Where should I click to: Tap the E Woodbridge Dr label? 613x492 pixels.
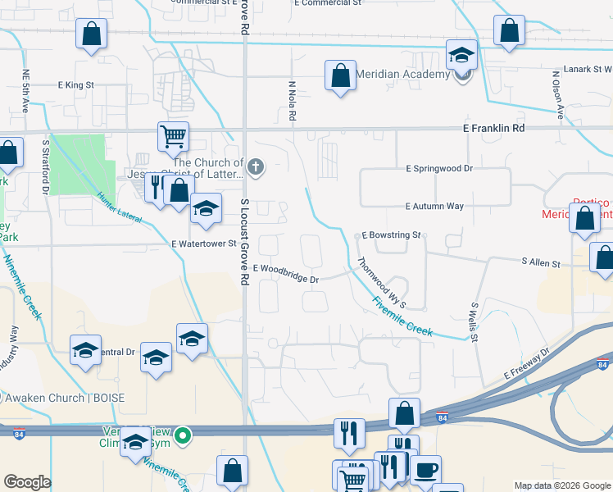[286, 273]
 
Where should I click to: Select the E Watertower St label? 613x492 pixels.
[204, 244]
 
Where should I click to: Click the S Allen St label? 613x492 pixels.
[540, 263]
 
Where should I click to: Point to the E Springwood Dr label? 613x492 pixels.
[440, 168]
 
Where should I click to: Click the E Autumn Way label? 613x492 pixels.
[434, 207]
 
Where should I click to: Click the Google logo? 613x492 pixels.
[27, 482]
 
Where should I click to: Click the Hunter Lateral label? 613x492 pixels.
[120, 208]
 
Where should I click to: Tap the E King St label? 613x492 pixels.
[76, 84]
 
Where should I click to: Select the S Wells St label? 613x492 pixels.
[474, 321]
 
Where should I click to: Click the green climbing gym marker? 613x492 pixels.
[185, 435]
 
